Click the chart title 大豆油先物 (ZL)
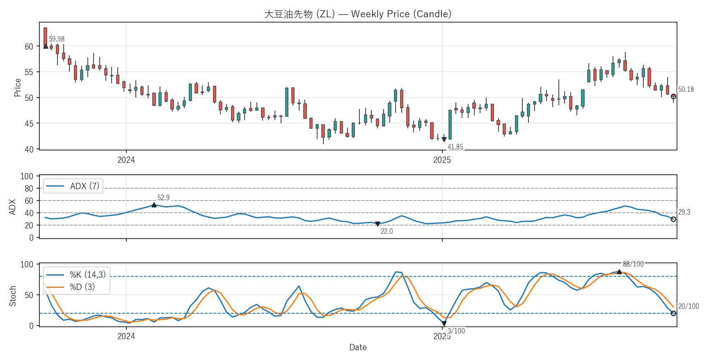pos(358,14)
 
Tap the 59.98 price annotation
pos(57,39)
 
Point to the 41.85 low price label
pos(455,147)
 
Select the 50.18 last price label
pos(686,89)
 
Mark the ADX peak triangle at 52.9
pos(154,205)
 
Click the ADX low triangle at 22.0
pos(377,224)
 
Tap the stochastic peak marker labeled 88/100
pos(619,271)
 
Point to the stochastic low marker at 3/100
pos(444,324)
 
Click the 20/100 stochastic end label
pos(688,306)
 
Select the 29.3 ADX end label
pos(684,212)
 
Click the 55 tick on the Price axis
pos(29,72)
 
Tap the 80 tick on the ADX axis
pos(29,189)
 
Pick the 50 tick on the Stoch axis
pos(29,295)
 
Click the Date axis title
pos(358,347)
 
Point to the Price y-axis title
pos(17,87)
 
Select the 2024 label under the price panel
pos(126,160)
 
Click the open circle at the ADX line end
pos(673,219)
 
